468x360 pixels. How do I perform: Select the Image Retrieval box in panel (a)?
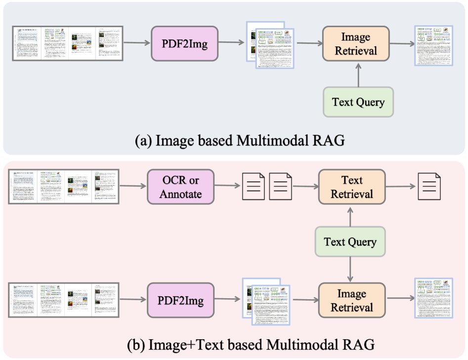coord(356,43)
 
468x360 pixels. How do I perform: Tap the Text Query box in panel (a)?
coord(358,102)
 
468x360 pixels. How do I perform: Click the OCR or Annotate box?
coord(180,187)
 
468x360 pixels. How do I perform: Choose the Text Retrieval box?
coord(352,187)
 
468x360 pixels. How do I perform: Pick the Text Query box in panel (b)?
coord(350,242)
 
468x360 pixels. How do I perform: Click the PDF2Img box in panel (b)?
coord(180,300)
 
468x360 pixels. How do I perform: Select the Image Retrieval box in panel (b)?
coord(352,300)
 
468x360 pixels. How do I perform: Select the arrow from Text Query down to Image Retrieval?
coord(350,269)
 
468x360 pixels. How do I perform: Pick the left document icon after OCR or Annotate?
coord(253,187)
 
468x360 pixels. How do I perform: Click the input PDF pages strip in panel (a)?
coord(67,43)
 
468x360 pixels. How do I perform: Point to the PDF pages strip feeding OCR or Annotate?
coord(63,187)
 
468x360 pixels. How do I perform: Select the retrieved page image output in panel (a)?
coord(433,46)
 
